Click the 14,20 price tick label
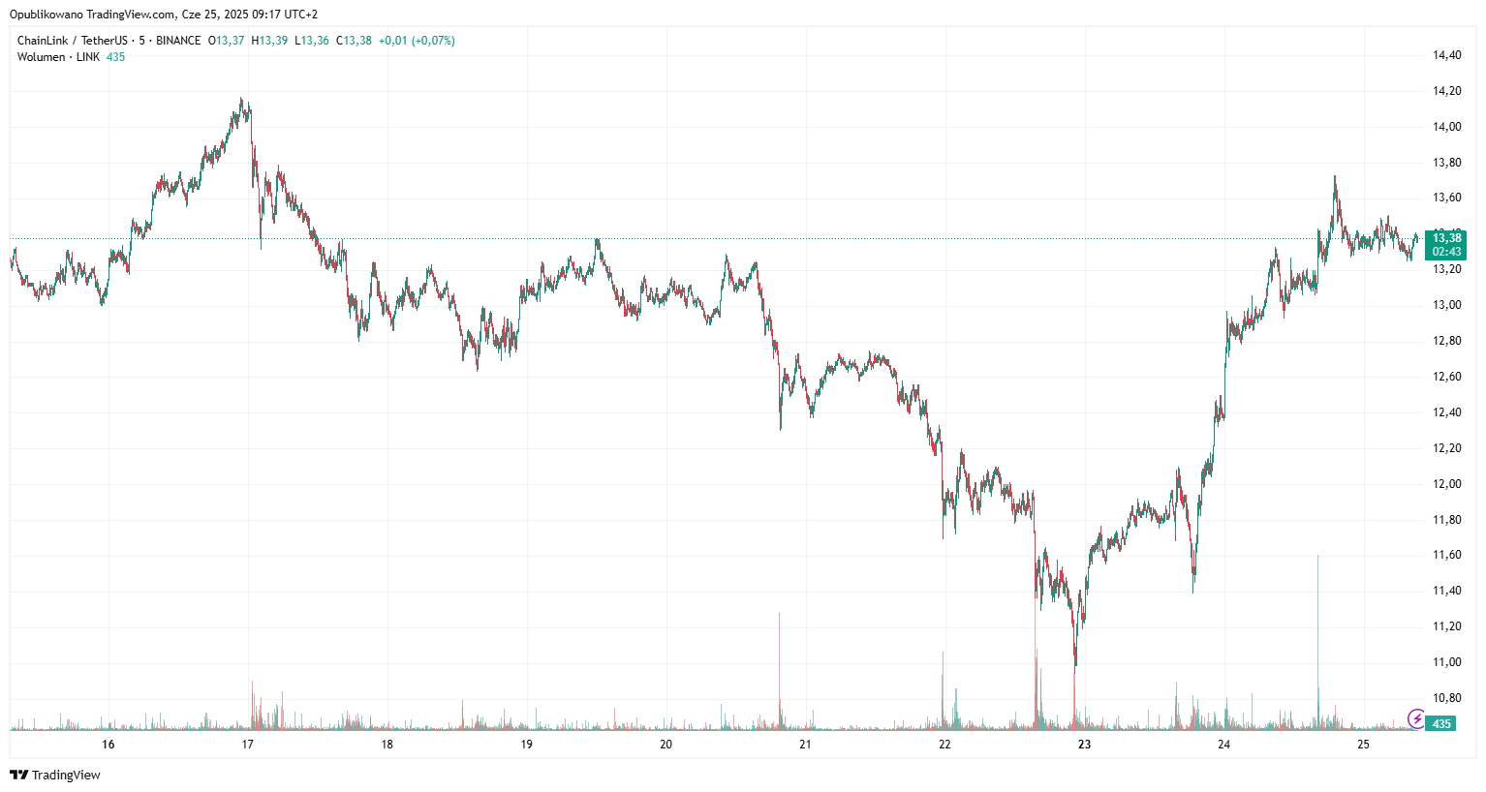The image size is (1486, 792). pyautogui.click(x=1446, y=91)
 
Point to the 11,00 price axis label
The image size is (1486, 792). pyautogui.click(x=1446, y=662)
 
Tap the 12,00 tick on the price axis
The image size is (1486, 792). pyautogui.click(x=1446, y=484)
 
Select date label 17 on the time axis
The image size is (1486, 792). pyautogui.click(x=248, y=745)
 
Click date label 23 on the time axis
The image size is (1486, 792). pyautogui.click(x=1085, y=745)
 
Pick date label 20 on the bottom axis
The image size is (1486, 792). pyautogui.click(x=666, y=745)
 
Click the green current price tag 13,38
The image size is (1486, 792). pyautogui.click(x=1446, y=238)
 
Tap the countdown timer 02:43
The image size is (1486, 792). pyautogui.click(x=1446, y=252)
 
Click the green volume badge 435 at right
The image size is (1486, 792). pyautogui.click(x=1441, y=723)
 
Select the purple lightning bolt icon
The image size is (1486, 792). pyautogui.click(x=1416, y=718)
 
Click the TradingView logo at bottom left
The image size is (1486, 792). pyautogui.click(x=55, y=775)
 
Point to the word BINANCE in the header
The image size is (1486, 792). pyautogui.click(x=178, y=41)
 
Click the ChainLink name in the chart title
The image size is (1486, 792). pyautogui.click(x=43, y=41)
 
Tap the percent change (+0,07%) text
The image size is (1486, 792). pyautogui.click(x=433, y=41)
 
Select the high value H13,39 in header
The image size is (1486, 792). pyautogui.click(x=269, y=41)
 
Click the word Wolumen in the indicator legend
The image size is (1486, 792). pyautogui.click(x=41, y=57)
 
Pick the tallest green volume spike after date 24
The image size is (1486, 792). pyautogui.click(x=1317, y=639)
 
